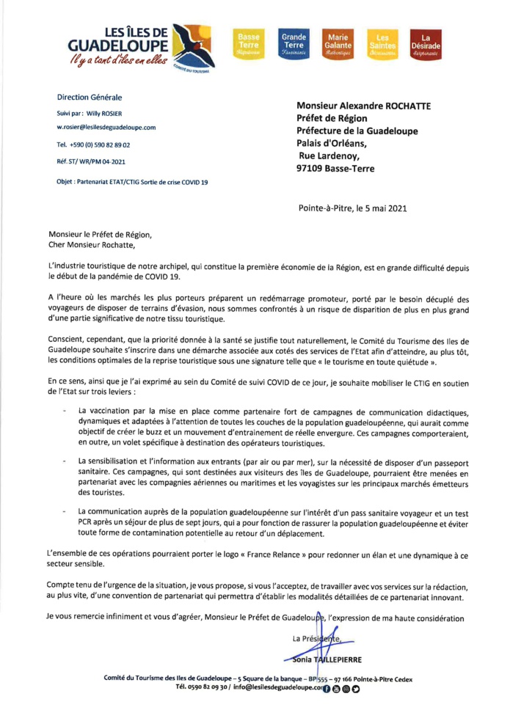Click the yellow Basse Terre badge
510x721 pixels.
(248, 49)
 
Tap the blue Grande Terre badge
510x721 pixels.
(294, 49)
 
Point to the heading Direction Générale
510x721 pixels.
(90, 98)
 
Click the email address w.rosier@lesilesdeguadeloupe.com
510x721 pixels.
(106, 127)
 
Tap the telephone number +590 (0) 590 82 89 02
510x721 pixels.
(102, 144)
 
